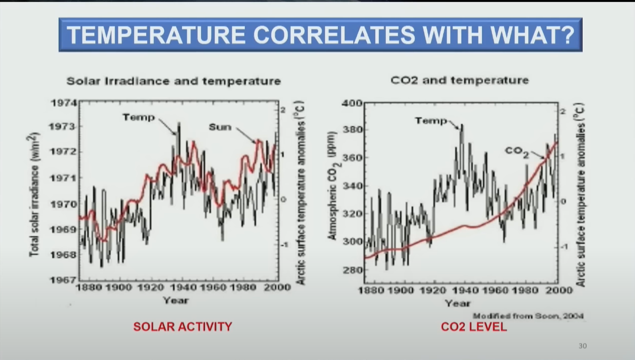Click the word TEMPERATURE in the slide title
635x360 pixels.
pos(156,35)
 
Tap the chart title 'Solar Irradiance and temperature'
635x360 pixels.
pos(174,81)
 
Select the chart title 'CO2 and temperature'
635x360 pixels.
pos(460,80)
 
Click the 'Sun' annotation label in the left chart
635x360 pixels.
pos(220,127)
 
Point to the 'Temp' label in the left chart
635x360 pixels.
pos(139,117)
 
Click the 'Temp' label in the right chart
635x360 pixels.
pos(431,121)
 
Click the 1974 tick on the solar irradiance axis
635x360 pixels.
pos(63,103)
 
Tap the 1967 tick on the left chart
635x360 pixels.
pos(63,280)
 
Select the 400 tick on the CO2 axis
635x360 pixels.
pos(352,103)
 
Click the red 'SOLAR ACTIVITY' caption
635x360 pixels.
pos(182,327)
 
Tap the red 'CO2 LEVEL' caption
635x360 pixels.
pos(474,327)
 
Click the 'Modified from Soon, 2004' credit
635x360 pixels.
pos(528,316)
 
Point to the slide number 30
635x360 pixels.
pos(583,346)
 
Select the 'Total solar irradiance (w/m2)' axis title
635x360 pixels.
pos(34,194)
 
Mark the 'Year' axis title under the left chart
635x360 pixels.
pos(175,301)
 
